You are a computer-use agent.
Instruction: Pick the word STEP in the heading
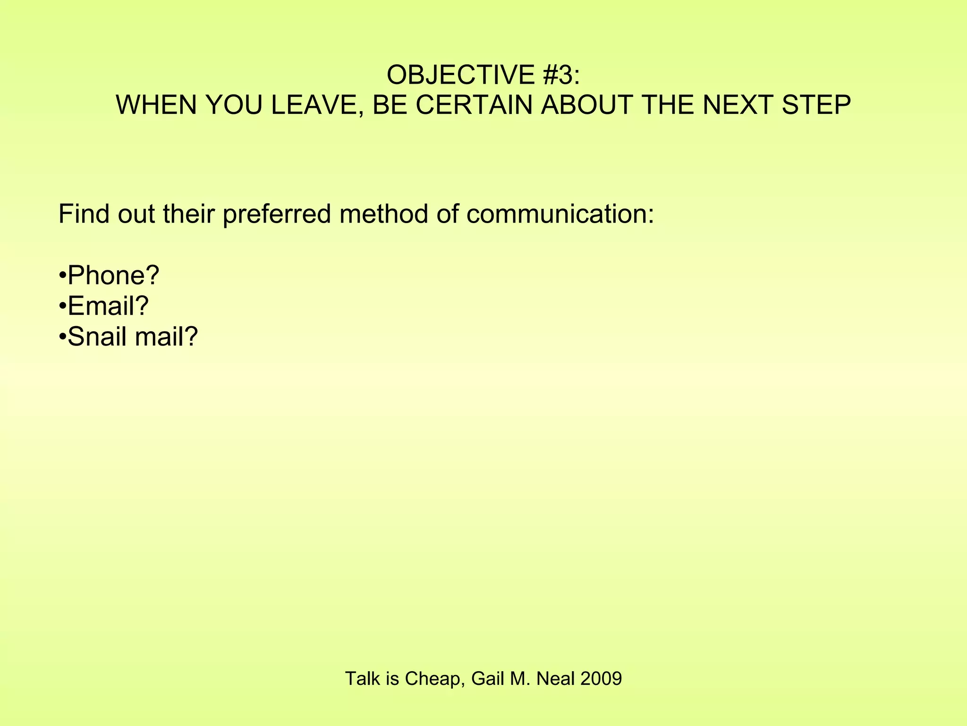pos(816,105)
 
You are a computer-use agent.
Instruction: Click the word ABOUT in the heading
pos(587,105)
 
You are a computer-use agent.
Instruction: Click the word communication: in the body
pos(560,214)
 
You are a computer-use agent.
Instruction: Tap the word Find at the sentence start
pos(85,214)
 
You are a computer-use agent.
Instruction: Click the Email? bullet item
pos(108,306)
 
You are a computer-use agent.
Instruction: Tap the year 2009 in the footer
pos(601,679)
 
